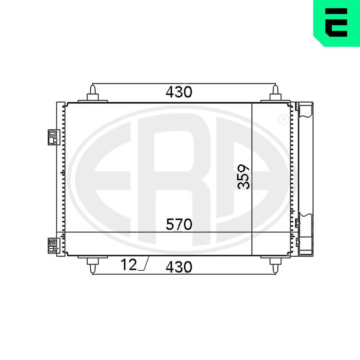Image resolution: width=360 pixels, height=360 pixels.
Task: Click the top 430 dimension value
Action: click(x=179, y=92)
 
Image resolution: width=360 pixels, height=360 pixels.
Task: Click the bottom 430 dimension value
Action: click(x=179, y=267)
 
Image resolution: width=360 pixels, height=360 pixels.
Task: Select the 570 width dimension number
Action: click(x=179, y=224)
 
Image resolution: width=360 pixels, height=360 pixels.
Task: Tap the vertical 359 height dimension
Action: click(x=243, y=176)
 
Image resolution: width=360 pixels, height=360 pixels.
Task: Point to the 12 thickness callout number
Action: click(x=129, y=265)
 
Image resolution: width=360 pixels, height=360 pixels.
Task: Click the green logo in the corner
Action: click(x=337, y=23)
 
